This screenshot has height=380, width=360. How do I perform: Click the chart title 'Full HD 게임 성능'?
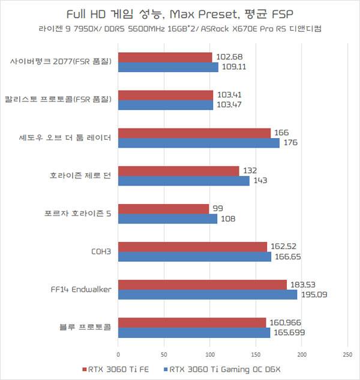click(179, 13)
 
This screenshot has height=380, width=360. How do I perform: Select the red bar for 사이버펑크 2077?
click(166, 57)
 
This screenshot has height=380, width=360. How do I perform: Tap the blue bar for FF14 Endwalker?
click(208, 295)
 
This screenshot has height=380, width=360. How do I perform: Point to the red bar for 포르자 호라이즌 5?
click(164, 208)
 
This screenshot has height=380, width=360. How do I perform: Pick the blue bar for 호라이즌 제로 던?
click(184, 181)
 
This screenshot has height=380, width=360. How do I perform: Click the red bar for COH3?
click(193, 247)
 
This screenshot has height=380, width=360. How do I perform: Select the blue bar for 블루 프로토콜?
click(194, 333)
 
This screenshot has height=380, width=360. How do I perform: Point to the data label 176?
click(291, 143)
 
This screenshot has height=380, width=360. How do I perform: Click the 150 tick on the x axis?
click(256, 354)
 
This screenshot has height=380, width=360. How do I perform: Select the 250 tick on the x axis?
click(347, 354)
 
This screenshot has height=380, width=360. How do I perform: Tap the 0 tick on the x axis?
click(119, 354)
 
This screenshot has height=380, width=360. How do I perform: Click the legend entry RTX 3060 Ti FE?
click(115, 369)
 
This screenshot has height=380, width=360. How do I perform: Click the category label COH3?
click(101, 252)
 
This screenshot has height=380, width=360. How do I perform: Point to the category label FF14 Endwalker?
click(80, 289)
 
